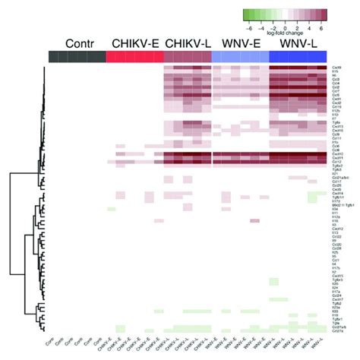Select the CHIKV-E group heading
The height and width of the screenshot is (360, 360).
tap(134, 43)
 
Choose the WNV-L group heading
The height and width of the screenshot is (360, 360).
tap(298, 43)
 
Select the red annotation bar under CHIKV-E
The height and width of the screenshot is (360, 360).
tap(134, 58)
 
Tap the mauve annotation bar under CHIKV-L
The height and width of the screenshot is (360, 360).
tap(187, 58)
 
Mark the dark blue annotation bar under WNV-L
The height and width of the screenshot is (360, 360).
tap(298, 58)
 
